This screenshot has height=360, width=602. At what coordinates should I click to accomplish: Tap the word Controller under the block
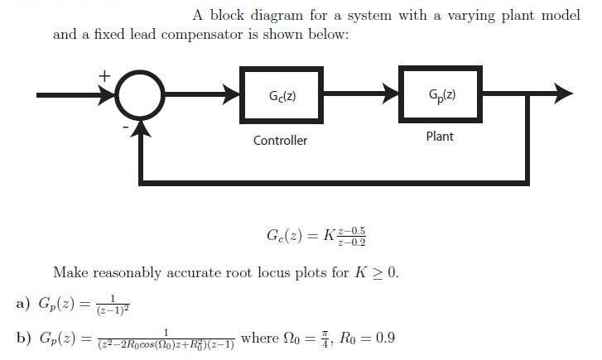tap(280, 141)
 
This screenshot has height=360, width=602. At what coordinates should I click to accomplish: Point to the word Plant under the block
tap(440, 136)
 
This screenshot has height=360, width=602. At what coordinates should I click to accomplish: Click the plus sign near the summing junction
tap(104, 76)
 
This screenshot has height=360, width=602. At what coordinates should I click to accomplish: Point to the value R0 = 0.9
tap(357, 339)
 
